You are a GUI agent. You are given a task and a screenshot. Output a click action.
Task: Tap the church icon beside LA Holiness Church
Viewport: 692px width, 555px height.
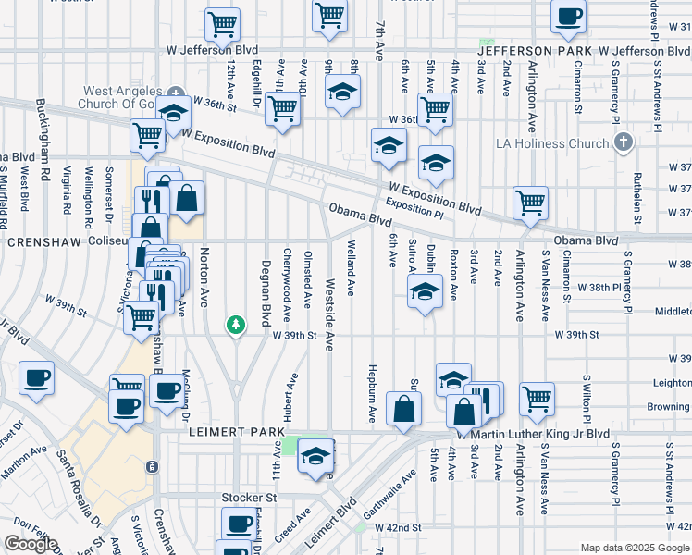pos(624,142)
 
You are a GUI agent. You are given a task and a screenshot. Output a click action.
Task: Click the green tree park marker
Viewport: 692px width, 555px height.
pos(237,324)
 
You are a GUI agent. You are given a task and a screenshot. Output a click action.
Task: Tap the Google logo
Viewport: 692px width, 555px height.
pos(31,544)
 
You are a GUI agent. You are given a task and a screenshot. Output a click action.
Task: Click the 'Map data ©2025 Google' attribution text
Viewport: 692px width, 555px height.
pos(634,549)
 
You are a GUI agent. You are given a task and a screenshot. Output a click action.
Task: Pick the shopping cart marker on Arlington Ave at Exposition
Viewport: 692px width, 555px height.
pos(530,202)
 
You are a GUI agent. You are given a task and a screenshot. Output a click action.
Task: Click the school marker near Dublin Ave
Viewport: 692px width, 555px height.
pos(424,294)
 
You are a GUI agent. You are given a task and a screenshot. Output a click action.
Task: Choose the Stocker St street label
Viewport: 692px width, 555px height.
pos(249,498)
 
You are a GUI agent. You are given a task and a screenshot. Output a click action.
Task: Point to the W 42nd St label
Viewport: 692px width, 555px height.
pos(399,526)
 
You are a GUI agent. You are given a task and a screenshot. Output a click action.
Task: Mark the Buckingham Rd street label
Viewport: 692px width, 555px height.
pos(43,129)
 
